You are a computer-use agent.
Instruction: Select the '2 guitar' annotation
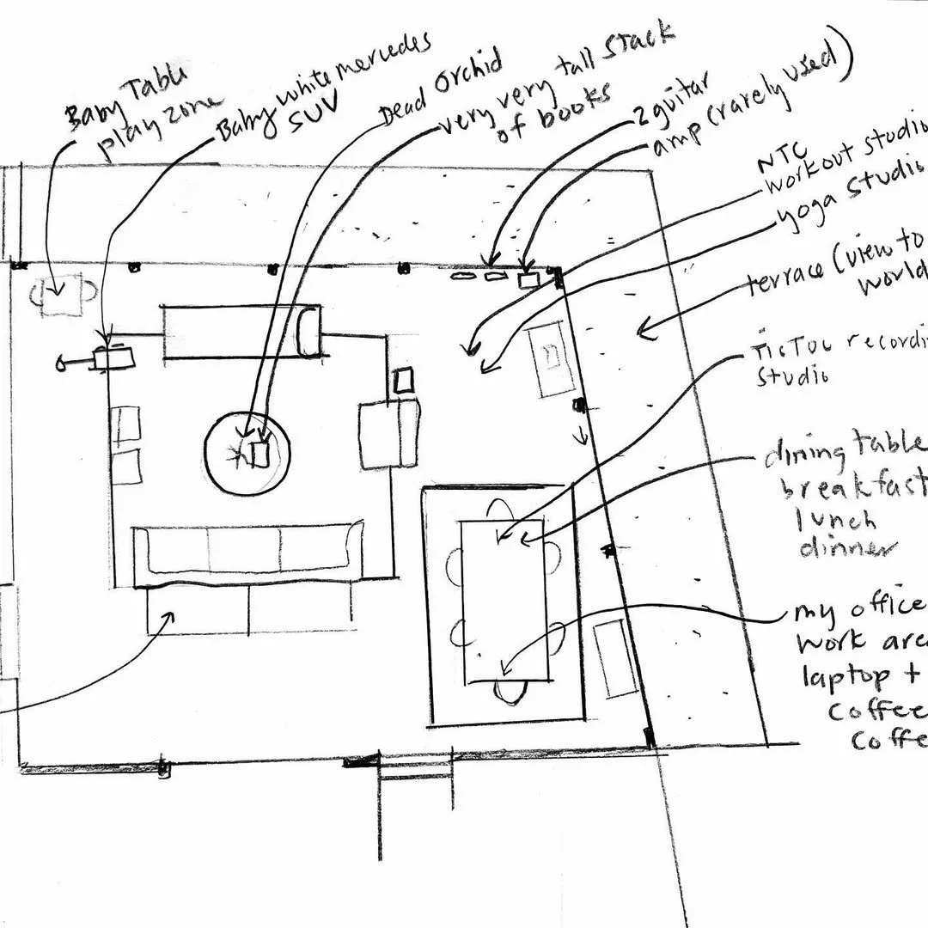coord(667,101)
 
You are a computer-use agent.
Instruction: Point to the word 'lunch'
coord(833,521)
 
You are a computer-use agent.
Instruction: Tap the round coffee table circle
coord(247,452)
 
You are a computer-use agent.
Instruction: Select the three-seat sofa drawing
coord(249,550)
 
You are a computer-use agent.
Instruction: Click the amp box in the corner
coord(527,279)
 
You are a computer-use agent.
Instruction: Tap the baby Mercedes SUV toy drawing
coord(112,358)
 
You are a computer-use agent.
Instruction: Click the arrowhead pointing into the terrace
coord(639,327)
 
